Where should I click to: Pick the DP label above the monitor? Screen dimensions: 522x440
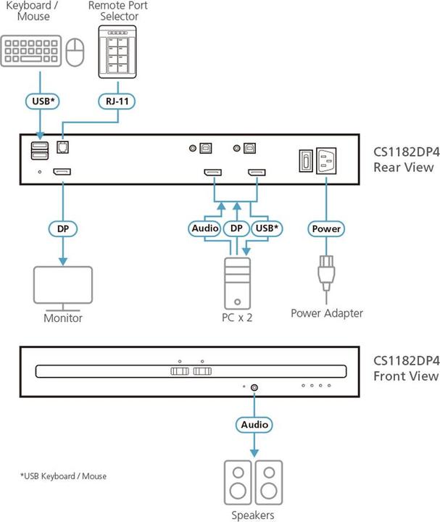pyautogui.click(x=63, y=228)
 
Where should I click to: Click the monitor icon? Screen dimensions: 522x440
pyautogui.click(x=63, y=288)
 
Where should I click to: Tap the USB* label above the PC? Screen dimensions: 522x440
pyautogui.click(x=269, y=228)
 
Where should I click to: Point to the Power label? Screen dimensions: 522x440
pyautogui.click(x=325, y=228)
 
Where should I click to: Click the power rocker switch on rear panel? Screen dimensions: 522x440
pyautogui.click(x=304, y=161)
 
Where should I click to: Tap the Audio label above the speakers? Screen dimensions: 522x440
pyautogui.click(x=254, y=424)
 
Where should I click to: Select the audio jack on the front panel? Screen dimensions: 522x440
pyautogui.click(x=254, y=388)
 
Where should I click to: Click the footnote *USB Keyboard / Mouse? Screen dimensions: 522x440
pyautogui.click(x=63, y=476)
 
